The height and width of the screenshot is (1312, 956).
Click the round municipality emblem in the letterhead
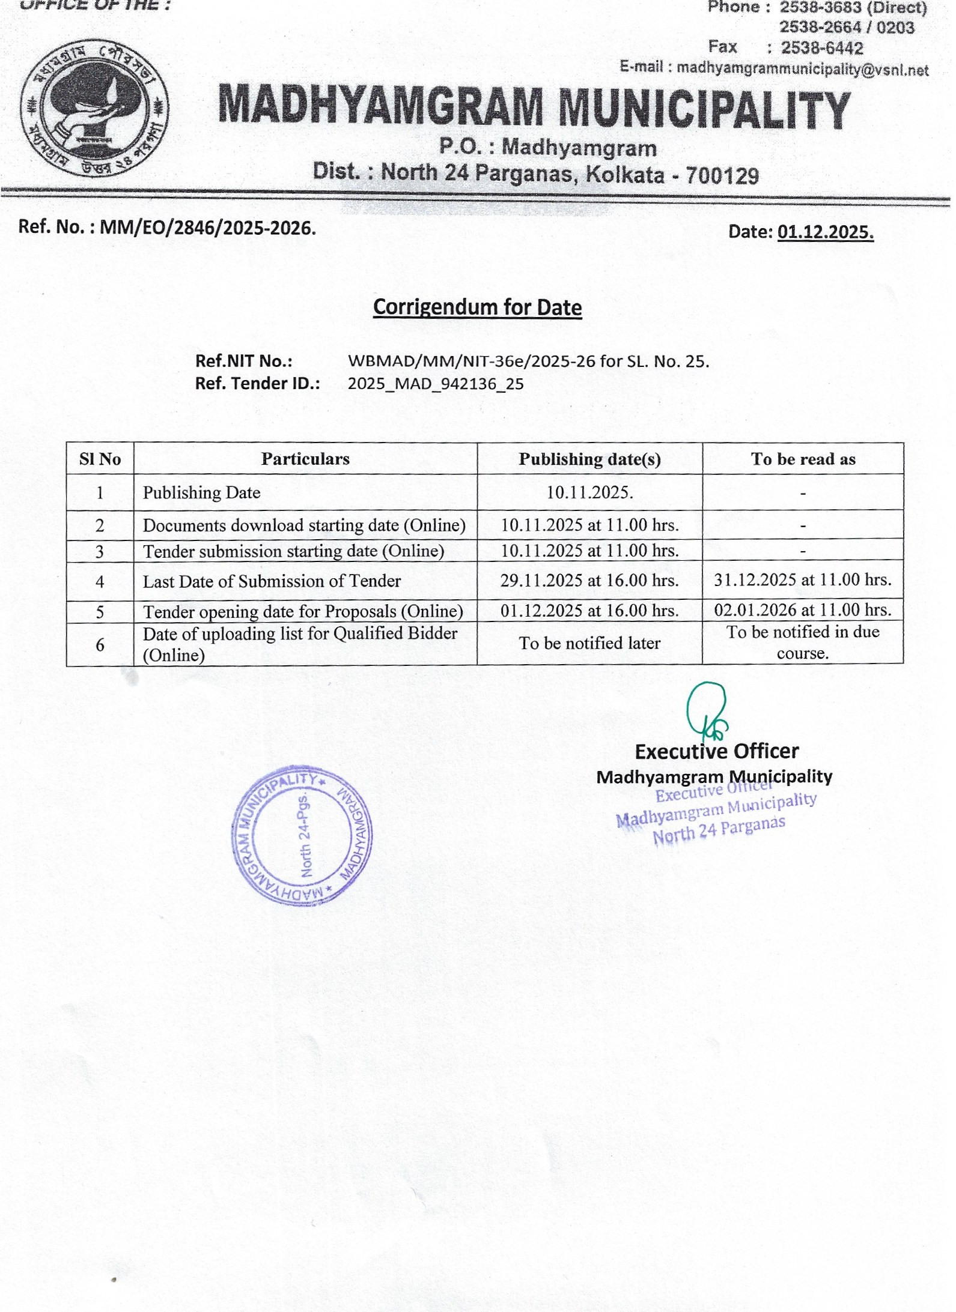(x=94, y=109)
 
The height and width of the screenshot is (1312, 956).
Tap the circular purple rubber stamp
(x=302, y=835)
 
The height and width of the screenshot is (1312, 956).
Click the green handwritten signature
(x=707, y=712)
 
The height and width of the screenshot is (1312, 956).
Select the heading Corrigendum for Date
(x=477, y=307)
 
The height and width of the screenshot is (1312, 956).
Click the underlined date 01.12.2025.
(x=825, y=232)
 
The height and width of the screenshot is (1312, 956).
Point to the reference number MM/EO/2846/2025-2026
(x=207, y=228)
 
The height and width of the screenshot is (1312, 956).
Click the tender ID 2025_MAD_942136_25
(x=436, y=384)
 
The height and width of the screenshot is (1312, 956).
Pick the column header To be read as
(x=803, y=459)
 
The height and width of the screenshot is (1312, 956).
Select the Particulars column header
(x=305, y=459)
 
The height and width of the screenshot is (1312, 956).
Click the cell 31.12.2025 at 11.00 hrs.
(x=803, y=580)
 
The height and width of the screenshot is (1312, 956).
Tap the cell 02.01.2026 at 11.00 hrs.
(x=803, y=611)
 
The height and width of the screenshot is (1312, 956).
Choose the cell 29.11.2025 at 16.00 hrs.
(x=589, y=581)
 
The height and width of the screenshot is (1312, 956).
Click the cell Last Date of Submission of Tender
(x=272, y=581)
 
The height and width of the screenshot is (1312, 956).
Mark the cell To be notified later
(x=589, y=644)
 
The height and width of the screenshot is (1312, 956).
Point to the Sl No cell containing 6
(x=100, y=645)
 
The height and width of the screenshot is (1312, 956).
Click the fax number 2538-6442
(x=821, y=48)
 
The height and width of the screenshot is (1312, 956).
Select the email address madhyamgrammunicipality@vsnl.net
(x=802, y=69)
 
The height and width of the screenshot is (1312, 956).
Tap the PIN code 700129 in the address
(x=722, y=176)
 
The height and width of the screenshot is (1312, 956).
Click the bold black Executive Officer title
(x=716, y=752)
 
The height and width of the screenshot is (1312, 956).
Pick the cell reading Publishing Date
(x=201, y=493)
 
